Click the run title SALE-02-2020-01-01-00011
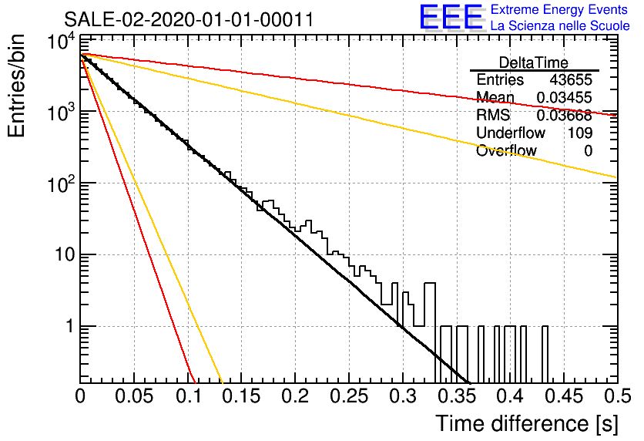tap(189, 19)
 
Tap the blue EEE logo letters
tap(451, 17)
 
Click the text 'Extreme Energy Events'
tap(559, 9)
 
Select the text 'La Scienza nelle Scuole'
tap(560, 25)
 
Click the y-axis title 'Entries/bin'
tap(17, 86)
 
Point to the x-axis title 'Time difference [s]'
tap(527, 424)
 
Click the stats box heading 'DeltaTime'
tap(534, 63)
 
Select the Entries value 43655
tap(571, 79)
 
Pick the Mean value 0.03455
tap(565, 97)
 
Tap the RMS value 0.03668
tap(565, 116)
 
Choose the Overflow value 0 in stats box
tap(588, 151)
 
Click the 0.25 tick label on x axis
tap(349, 396)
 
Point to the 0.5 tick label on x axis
tap(618, 396)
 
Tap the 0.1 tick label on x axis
tap(189, 396)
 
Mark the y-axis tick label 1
tap(70, 326)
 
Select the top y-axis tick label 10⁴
tap(61, 42)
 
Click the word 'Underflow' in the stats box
tap(511, 133)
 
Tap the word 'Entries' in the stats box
tap(500, 79)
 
